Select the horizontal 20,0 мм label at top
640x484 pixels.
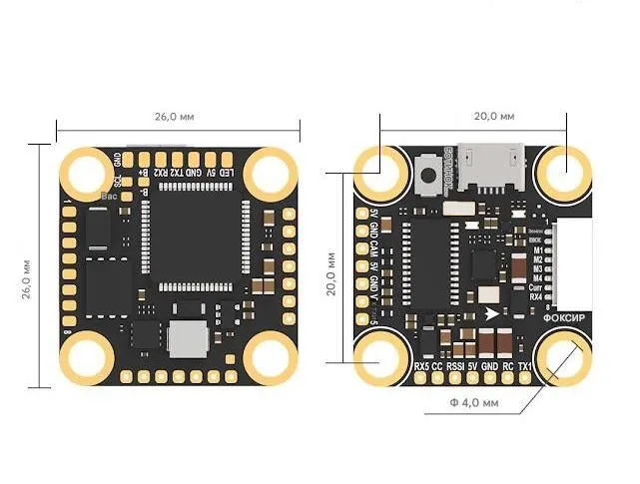(493, 117)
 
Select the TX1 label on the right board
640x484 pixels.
(525, 366)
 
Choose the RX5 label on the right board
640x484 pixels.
(421, 366)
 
